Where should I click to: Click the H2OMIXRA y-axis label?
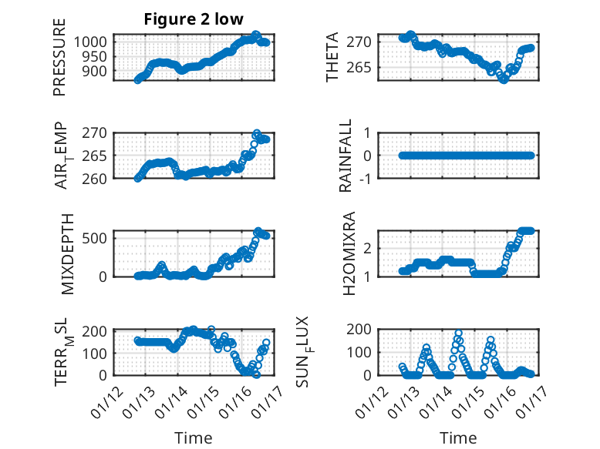coord(348,253)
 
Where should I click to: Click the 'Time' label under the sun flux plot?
coord(458,438)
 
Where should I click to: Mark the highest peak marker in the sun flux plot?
coord(459,333)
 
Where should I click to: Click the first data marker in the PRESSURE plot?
coord(138,79)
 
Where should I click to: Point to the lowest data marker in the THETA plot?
coord(504,79)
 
